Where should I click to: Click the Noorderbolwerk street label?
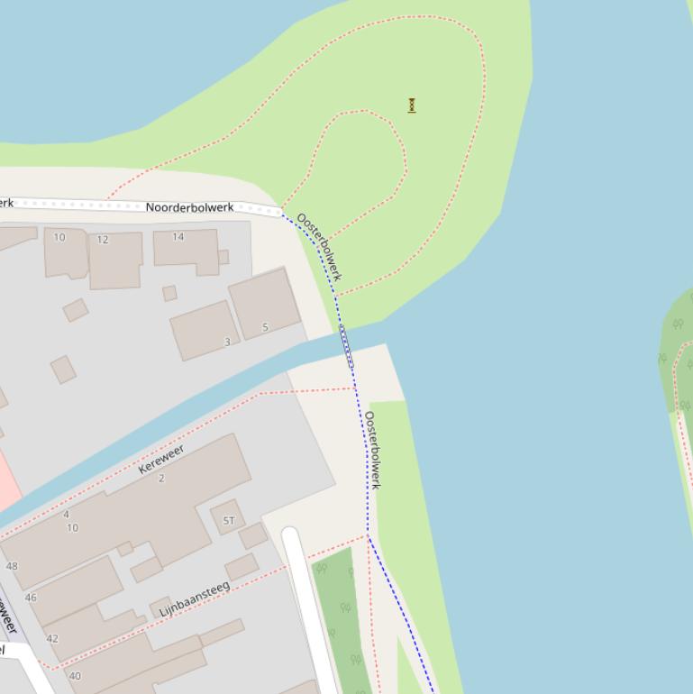189,208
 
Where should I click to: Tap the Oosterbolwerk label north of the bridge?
320,246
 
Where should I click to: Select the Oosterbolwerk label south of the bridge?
372,450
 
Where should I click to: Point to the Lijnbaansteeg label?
195,599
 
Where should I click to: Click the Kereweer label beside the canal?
161,460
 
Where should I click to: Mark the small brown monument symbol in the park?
412,105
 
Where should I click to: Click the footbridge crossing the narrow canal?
346,347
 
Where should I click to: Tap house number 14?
178,237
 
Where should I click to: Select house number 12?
103,240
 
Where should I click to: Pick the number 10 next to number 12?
59,238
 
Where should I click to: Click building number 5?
265,327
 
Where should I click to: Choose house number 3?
227,342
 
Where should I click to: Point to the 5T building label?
229,520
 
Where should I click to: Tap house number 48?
12,566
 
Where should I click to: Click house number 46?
31,597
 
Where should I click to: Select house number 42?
52,638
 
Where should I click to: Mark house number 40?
75,675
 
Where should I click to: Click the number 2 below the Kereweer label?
162,479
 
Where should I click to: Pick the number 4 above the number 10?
66,515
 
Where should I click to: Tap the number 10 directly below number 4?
72,528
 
